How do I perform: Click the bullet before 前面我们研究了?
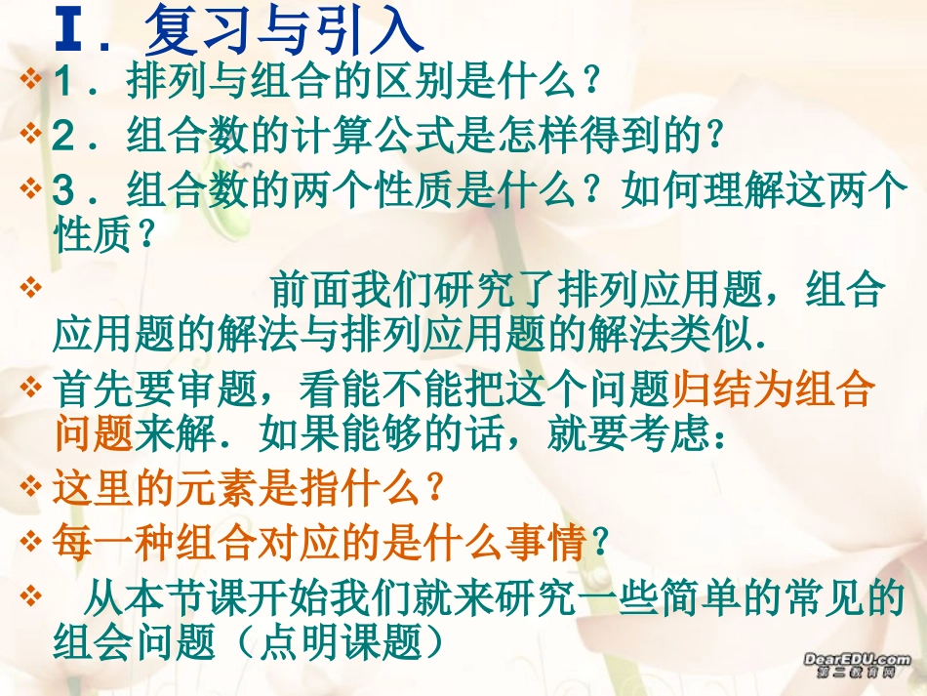[x=31, y=288]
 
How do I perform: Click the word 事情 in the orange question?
[x=547, y=539]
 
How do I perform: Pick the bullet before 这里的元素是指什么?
[x=31, y=484]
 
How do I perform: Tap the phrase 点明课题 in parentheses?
[x=338, y=643]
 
